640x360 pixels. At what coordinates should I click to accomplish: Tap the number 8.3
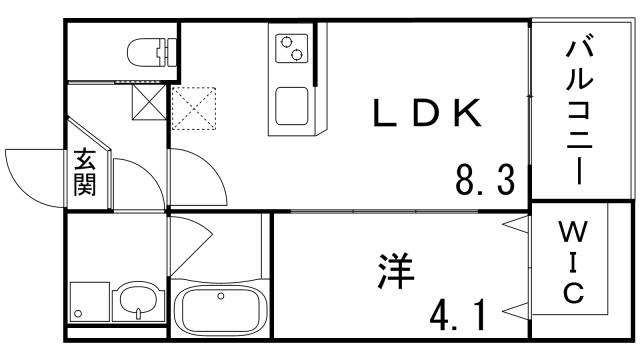[x=484, y=181]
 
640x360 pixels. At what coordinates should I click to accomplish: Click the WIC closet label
[x=572, y=265]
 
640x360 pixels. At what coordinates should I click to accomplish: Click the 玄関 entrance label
[x=85, y=173]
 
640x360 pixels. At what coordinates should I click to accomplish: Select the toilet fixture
[x=150, y=50]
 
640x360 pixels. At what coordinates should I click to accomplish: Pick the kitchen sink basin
[x=293, y=106]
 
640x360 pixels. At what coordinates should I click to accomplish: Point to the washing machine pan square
[x=88, y=299]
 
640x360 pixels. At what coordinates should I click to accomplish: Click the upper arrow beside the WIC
[x=514, y=223]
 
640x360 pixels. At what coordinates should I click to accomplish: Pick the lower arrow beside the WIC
[x=514, y=307]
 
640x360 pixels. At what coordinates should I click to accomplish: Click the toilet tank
[x=172, y=50]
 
